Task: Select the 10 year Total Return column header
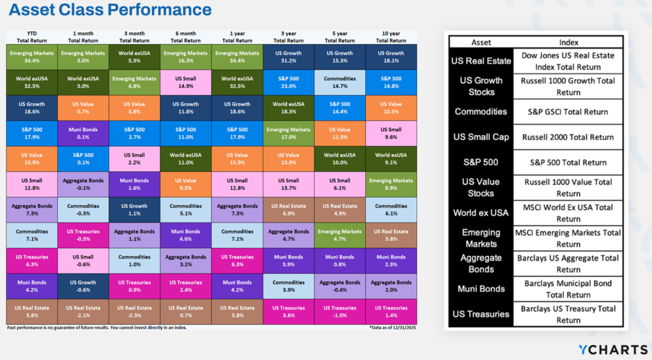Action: (391, 36)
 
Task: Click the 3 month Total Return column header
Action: (134, 36)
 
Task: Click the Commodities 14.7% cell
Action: (339, 82)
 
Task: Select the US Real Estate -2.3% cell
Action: (134, 312)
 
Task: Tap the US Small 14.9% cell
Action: (186, 82)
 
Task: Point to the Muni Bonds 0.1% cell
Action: (83, 133)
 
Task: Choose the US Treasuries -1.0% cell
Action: (339, 312)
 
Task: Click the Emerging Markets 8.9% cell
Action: (391, 184)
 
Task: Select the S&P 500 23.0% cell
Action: (288, 82)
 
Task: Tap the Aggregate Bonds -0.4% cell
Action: (339, 286)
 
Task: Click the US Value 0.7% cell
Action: (83, 108)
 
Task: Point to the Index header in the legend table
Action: (569, 43)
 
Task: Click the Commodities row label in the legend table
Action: (481, 112)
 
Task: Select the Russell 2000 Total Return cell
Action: (569, 137)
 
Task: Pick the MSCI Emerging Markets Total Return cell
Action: (569, 238)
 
